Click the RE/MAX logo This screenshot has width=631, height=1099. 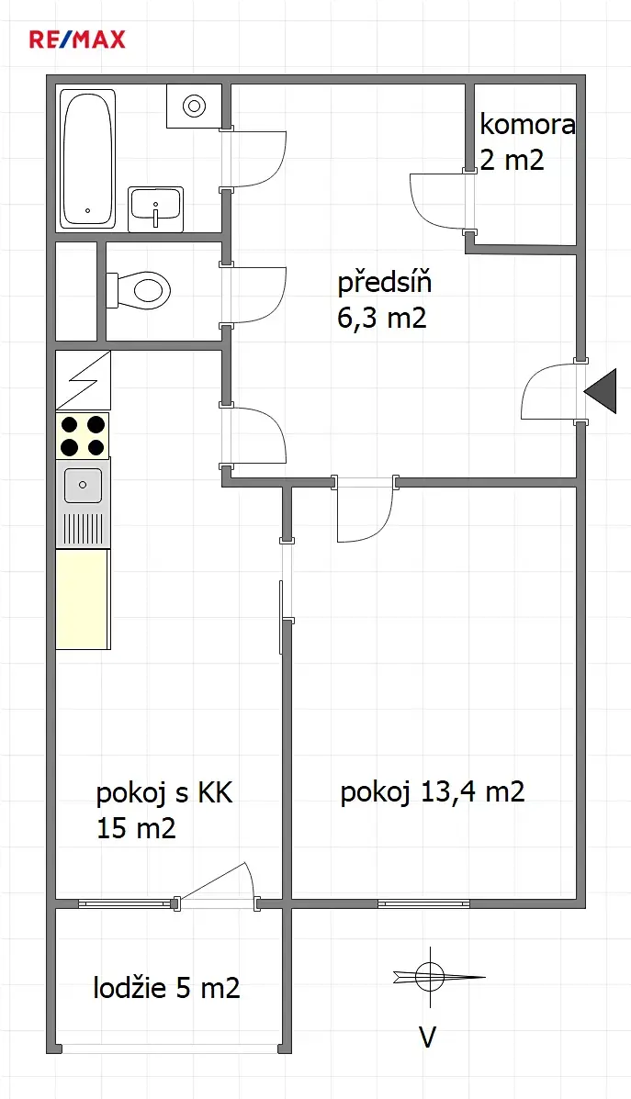click(x=77, y=39)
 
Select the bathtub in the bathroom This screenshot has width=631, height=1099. click(x=87, y=159)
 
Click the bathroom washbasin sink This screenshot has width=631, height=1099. click(x=155, y=208)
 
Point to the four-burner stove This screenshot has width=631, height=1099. click(x=83, y=435)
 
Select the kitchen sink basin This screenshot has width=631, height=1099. click(x=83, y=486)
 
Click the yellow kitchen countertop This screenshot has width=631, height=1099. click(x=82, y=600)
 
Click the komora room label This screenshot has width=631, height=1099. click(x=527, y=125)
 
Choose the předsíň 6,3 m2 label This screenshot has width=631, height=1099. click(x=384, y=300)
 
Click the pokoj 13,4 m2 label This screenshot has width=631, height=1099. click(x=433, y=792)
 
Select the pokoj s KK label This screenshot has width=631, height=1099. click(x=164, y=793)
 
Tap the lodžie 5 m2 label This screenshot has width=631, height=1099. click(x=167, y=988)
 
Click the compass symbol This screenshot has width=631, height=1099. click(x=429, y=976)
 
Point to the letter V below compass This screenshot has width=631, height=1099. click(x=428, y=1037)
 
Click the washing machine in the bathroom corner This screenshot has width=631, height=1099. click(x=194, y=106)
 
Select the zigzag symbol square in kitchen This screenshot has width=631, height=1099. click(x=83, y=381)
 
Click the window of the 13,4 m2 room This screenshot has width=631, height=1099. click(x=424, y=903)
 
